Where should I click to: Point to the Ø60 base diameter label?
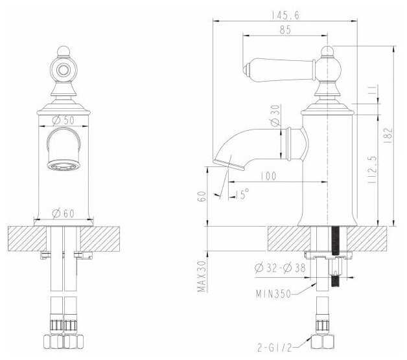tap(64, 212)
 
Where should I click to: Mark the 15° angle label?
tap(241, 194)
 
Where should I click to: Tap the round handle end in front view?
tap(64, 68)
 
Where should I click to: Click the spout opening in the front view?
tap(64, 164)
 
